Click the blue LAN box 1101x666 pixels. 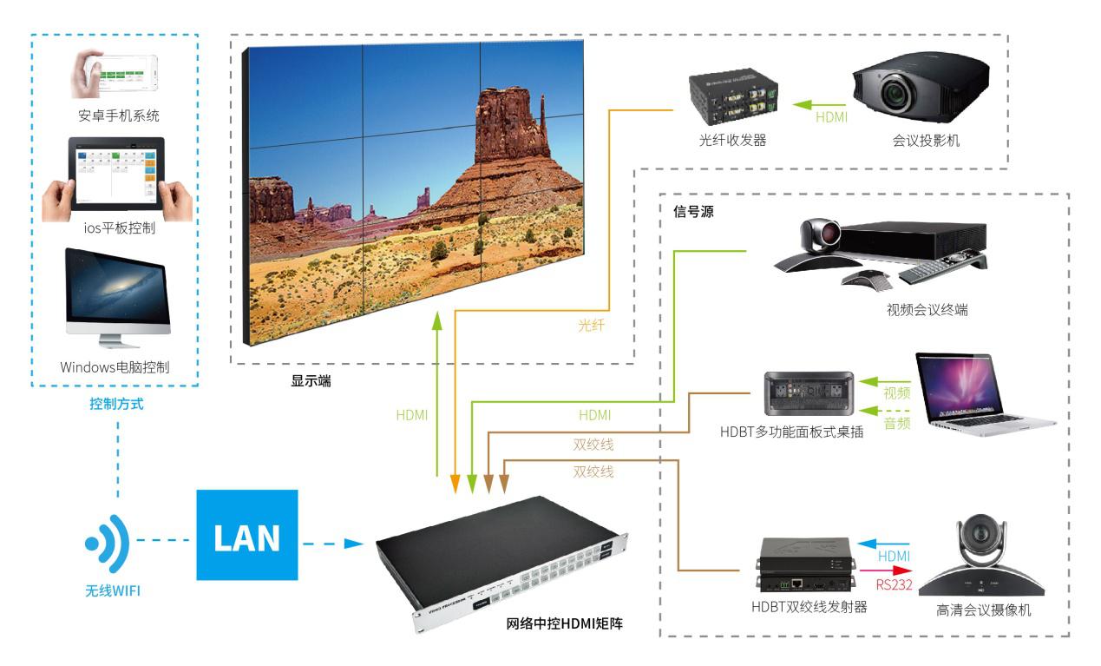(246, 535)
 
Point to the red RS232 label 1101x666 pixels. (895, 584)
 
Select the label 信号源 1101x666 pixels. (693, 211)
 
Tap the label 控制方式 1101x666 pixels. (116, 404)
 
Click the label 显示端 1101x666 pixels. (310, 380)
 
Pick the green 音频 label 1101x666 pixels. (896, 424)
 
